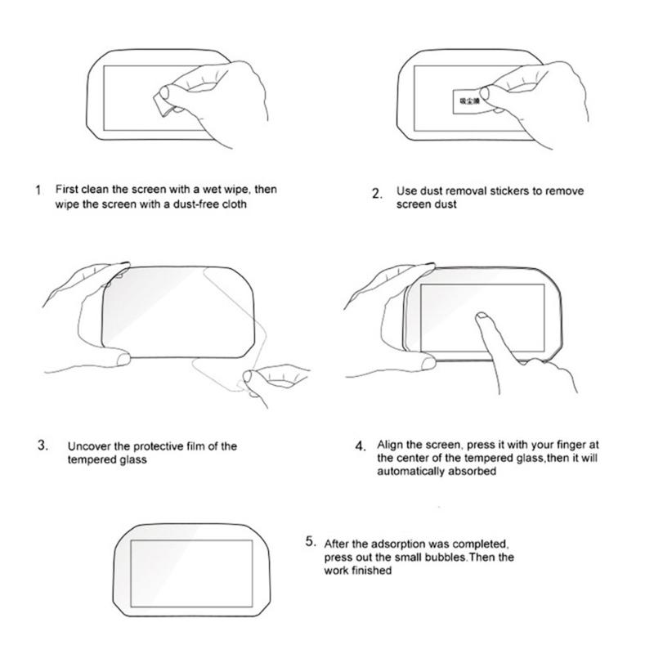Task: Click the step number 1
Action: tap(38, 190)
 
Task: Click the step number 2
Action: tap(377, 195)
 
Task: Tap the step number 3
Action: tap(42, 446)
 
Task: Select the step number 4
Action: tap(361, 446)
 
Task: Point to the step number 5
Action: tap(310, 541)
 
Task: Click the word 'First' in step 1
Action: tap(67, 189)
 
